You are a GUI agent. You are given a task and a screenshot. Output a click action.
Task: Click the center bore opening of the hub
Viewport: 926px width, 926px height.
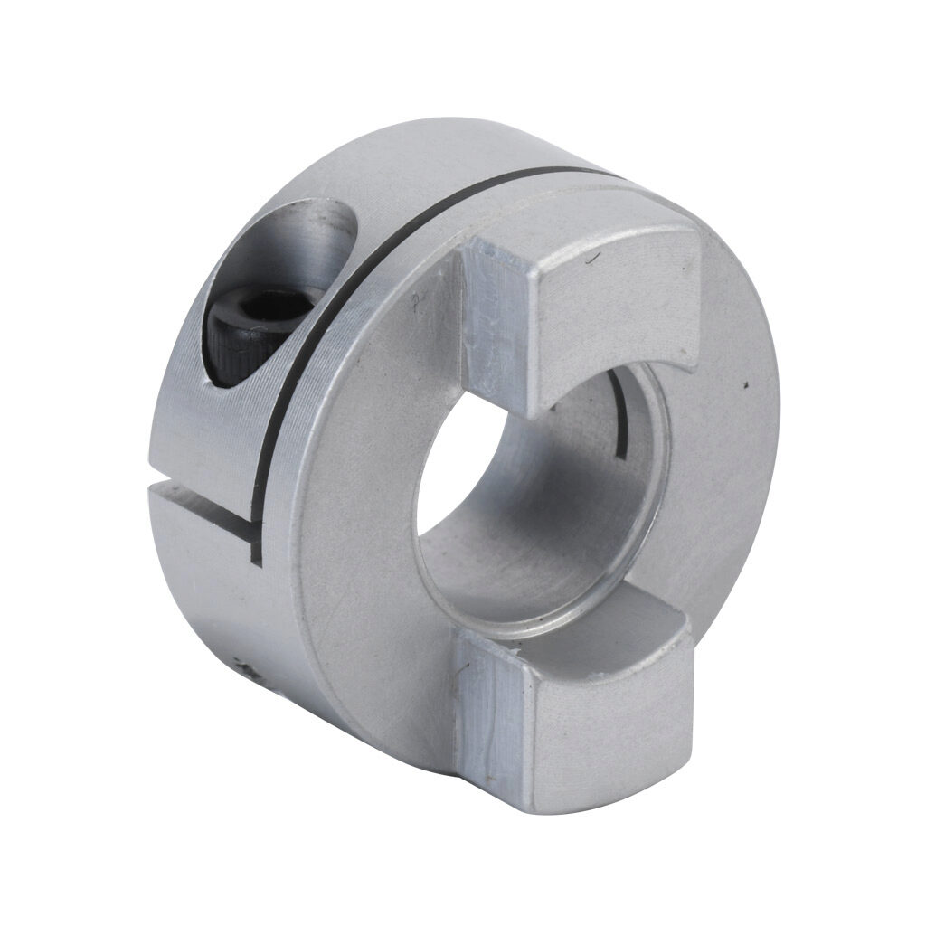pos(534,506)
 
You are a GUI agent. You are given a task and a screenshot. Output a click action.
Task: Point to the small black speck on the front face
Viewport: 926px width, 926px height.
pos(745,387)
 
